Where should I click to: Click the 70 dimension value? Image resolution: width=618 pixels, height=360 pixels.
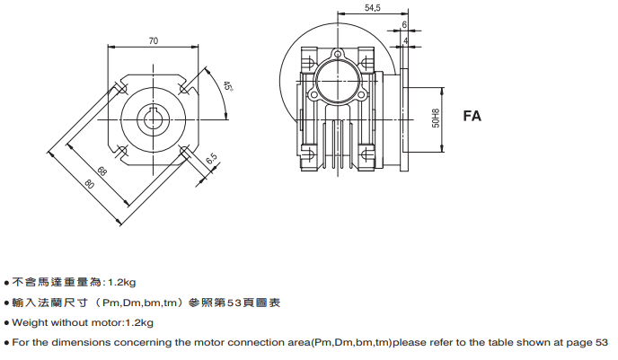(x=154, y=40)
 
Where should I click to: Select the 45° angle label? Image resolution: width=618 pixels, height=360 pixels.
(x=227, y=87)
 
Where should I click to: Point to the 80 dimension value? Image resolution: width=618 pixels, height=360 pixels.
(x=89, y=186)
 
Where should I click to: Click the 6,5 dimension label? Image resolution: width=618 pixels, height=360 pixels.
(x=212, y=159)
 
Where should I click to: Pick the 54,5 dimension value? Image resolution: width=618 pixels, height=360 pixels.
(x=371, y=8)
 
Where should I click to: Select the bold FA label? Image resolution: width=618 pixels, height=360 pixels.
(x=473, y=116)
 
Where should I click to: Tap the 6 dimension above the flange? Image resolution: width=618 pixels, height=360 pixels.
(x=405, y=24)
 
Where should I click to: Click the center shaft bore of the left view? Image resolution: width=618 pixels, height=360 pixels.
(x=154, y=118)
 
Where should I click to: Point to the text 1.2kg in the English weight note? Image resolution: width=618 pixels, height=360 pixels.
(x=139, y=322)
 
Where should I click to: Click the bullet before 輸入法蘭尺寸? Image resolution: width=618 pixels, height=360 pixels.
(x=7, y=303)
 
